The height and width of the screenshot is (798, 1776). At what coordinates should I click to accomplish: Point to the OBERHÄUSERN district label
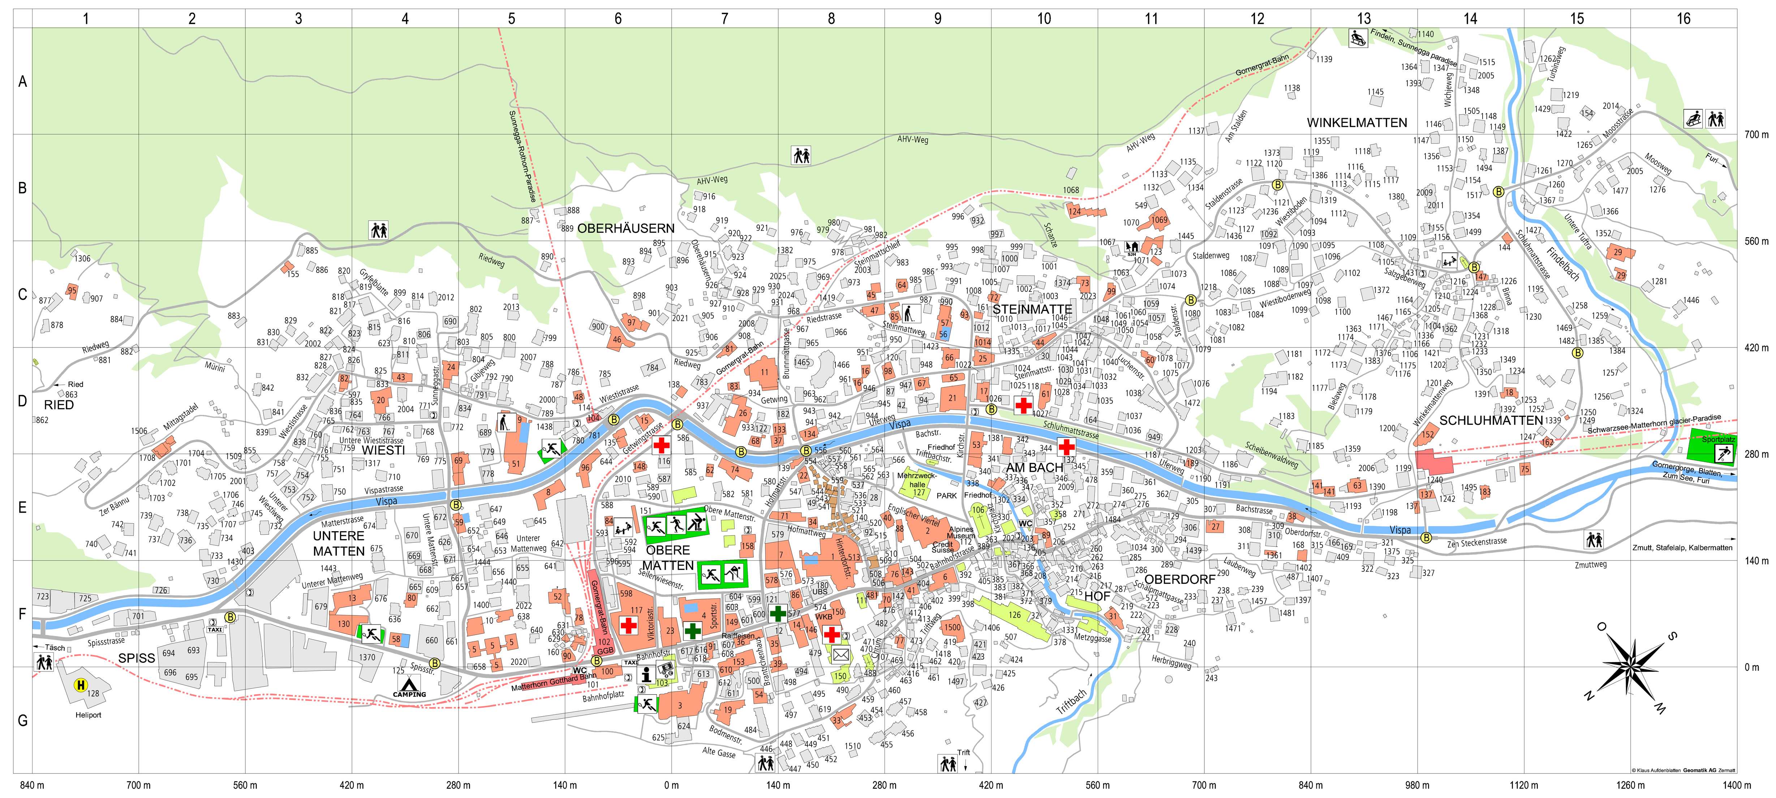pyautogui.click(x=625, y=228)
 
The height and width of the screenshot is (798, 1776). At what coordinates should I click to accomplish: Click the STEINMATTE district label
pyautogui.click(x=1032, y=310)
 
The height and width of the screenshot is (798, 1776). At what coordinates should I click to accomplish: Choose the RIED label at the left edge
pyautogui.click(x=59, y=405)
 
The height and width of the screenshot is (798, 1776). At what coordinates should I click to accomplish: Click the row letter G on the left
pyautogui.click(x=22, y=720)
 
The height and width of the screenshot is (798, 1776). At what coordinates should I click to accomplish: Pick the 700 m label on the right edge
pyautogui.click(x=1756, y=135)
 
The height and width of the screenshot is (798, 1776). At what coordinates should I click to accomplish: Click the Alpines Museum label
pyautogui.click(x=961, y=533)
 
